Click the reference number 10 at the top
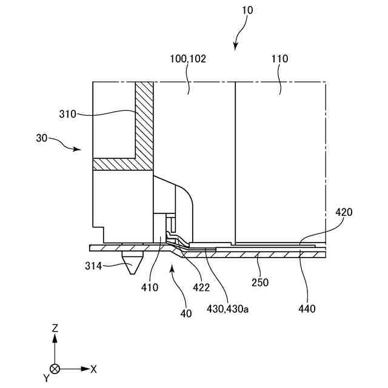point(247,10)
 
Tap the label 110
point(280,59)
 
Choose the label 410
point(150,287)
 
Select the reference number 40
point(186,313)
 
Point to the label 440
point(307,309)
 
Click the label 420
point(343,213)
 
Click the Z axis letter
point(55,328)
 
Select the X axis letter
point(93,368)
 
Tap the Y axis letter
point(46,378)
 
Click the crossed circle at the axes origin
point(55,368)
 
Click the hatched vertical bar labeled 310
point(144,121)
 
